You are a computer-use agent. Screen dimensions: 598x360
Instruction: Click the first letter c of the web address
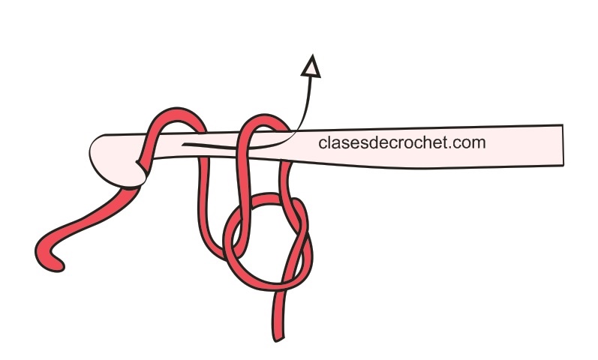pyautogui.click(x=323, y=142)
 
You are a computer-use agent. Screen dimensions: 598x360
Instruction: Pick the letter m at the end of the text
pyautogui.click(x=479, y=142)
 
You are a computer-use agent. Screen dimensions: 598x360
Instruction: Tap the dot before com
pyautogui.click(x=452, y=146)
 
